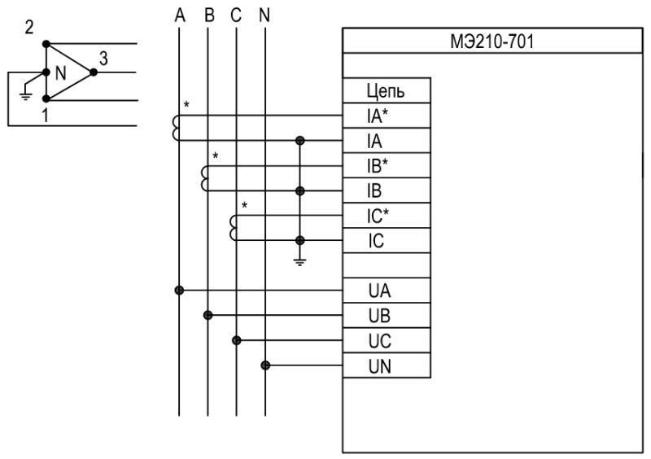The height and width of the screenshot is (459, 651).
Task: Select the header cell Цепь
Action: coord(387,91)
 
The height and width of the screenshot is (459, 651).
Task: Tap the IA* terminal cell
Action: coord(387,116)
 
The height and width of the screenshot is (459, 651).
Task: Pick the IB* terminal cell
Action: coord(387,166)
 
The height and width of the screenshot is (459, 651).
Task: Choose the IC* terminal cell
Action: coord(387,216)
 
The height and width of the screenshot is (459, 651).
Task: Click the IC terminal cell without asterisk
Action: coord(387,241)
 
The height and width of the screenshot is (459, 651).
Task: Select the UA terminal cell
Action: coord(387,291)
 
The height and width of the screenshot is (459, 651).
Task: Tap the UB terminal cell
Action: coord(387,316)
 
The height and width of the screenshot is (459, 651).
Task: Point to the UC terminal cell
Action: coord(387,340)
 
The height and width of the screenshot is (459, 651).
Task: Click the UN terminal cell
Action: coord(387,365)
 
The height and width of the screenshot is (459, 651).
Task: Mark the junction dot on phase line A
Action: coord(179,290)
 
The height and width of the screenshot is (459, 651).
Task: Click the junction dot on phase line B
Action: coord(208,315)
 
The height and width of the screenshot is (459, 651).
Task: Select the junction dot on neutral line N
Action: coord(265,365)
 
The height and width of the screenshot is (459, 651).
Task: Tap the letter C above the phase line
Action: coord(236,15)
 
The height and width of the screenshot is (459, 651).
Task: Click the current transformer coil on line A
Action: coord(175,128)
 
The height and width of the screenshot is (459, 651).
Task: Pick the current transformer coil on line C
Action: coord(234,228)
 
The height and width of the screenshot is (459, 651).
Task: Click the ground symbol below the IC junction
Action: coord(300,261)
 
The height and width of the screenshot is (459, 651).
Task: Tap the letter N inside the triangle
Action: coord(59,72)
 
